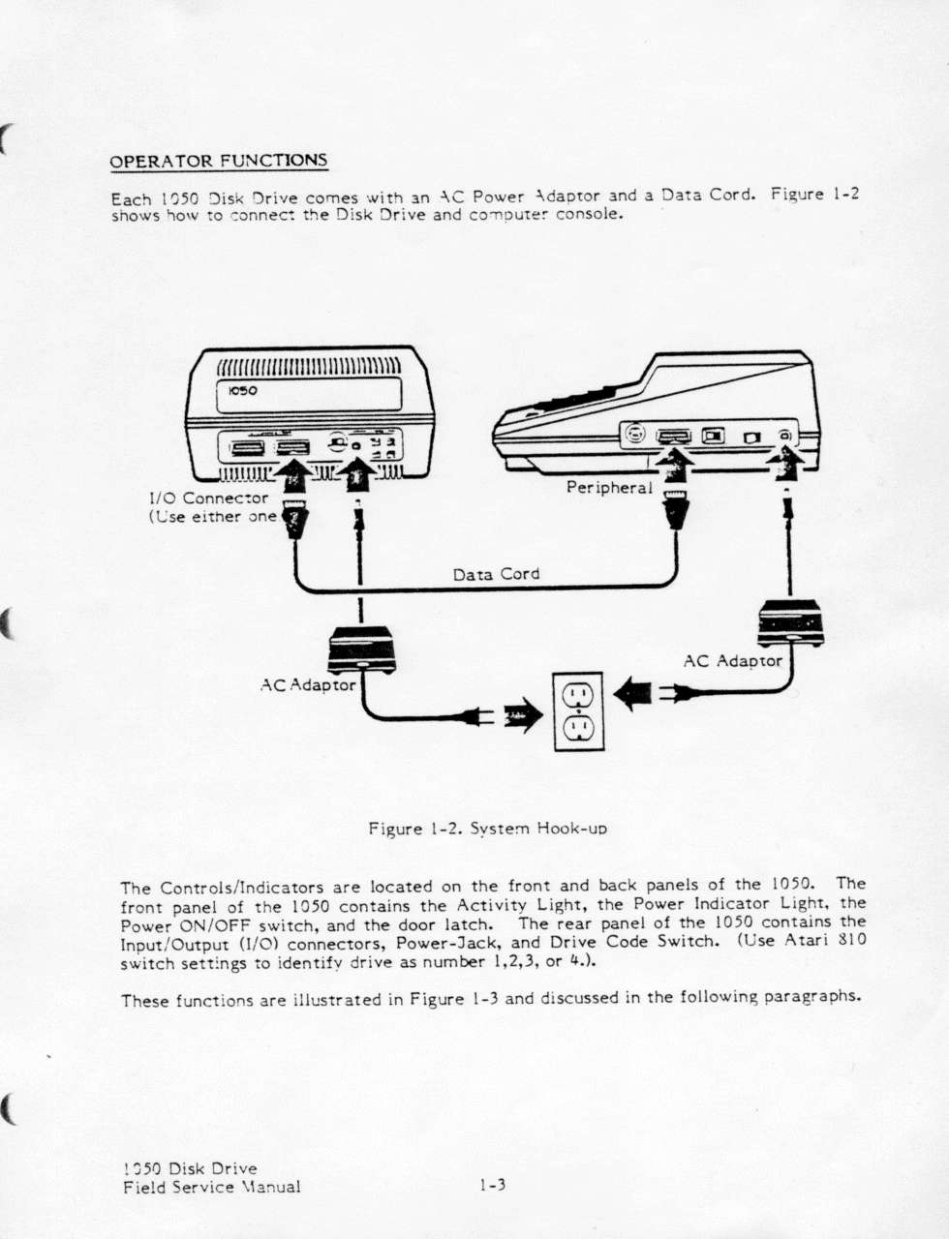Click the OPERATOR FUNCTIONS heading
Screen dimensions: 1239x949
[219, 161]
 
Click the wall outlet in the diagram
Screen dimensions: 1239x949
[578, 711]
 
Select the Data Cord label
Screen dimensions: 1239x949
[496, 574]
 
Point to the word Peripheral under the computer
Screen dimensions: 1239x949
[609, 487]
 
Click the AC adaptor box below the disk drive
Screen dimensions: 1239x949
[360, 650]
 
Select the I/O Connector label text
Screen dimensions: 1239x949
[208, 499]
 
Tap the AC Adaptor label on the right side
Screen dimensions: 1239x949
[732, 661]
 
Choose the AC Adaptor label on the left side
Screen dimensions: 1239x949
[309, 684]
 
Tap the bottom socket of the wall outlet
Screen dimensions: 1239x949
[578, 730]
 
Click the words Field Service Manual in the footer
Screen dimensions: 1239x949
[212, 1187]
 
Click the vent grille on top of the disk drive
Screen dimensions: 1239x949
[308, 366]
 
